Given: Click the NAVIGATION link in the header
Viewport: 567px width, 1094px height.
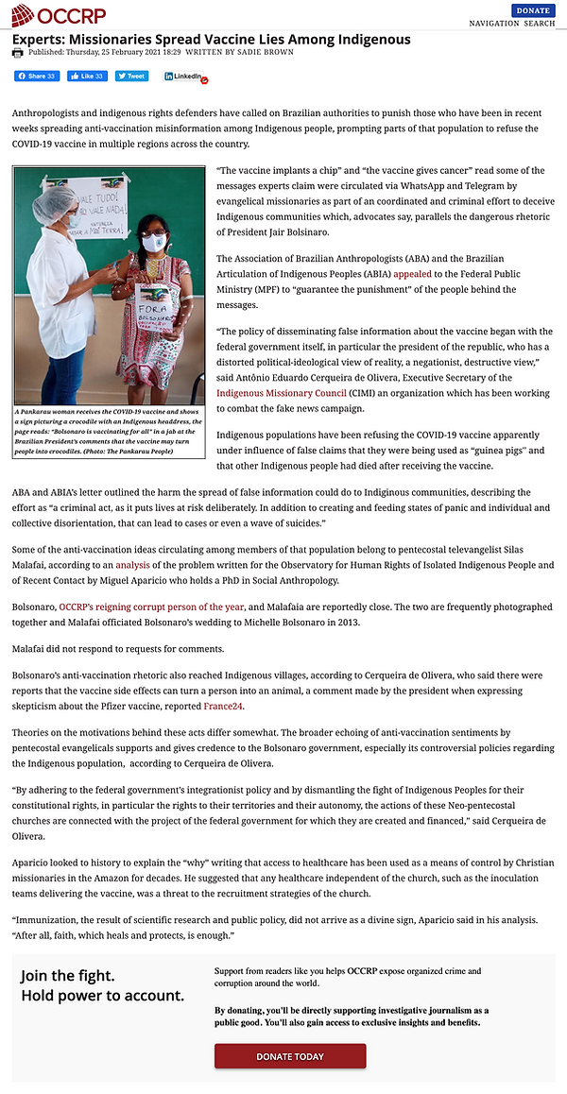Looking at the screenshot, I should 495,23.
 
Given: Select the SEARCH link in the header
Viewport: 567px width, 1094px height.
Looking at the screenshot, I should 540,23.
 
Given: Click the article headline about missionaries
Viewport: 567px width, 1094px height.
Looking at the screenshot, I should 211,39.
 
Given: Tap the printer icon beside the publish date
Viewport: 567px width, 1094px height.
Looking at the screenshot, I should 17,53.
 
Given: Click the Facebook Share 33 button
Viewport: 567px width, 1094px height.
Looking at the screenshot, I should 36,76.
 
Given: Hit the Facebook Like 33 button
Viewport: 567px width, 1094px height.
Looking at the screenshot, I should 87,76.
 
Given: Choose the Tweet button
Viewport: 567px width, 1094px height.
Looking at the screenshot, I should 132,76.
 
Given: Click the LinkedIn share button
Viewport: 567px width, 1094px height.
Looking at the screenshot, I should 183,76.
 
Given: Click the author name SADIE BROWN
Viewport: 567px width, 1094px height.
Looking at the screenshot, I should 266,53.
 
